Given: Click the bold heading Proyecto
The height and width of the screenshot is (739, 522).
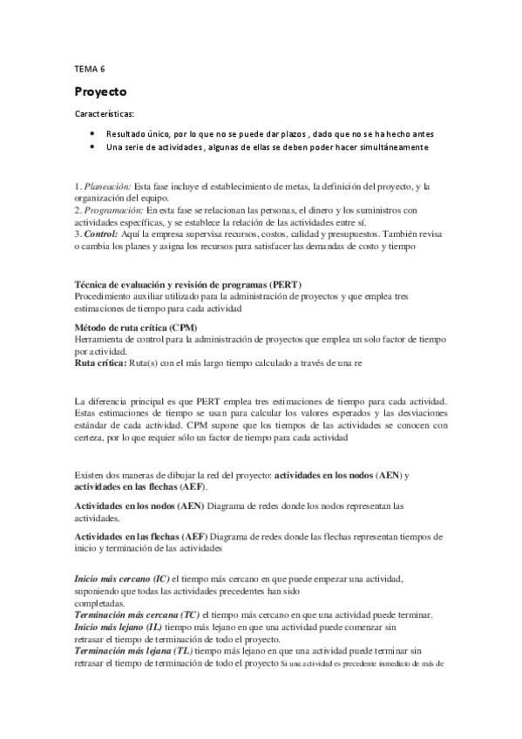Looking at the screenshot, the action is (100, 91).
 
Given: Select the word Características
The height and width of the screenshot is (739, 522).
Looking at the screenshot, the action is (104, 113).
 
